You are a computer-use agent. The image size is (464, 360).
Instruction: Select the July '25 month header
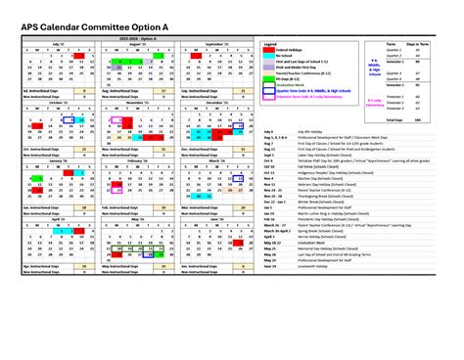click(x=43, y=44)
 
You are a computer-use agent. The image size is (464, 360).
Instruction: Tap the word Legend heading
click(x=268, y=44)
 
